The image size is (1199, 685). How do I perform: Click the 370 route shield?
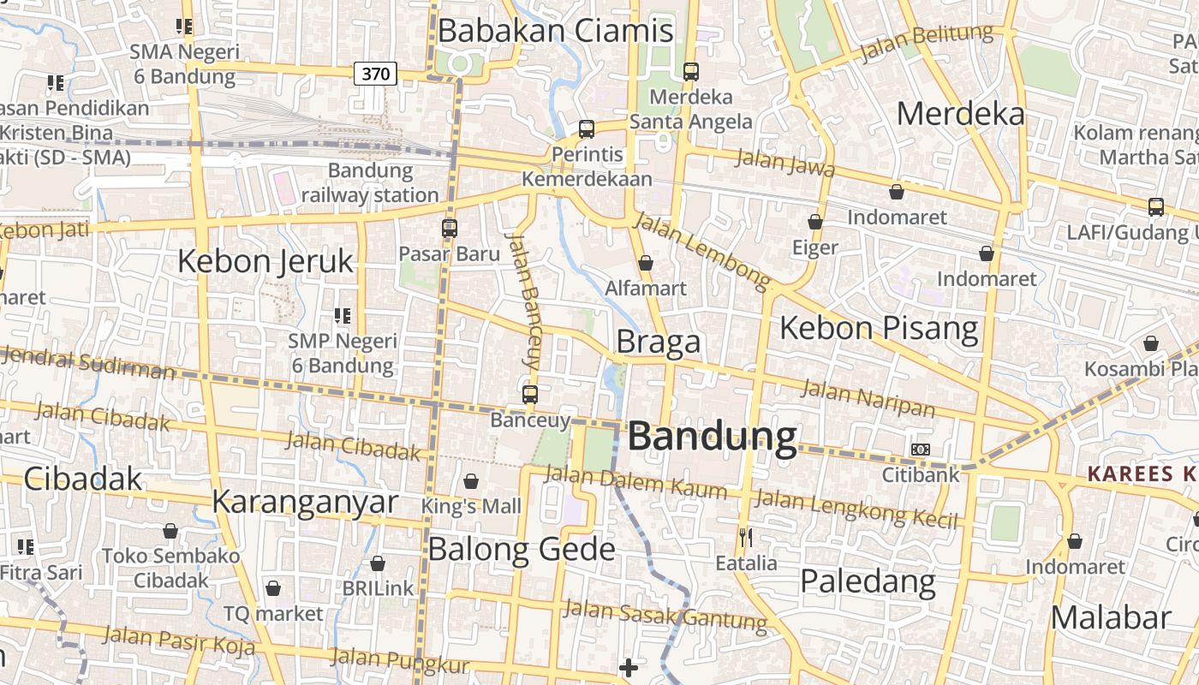tap(375, 74)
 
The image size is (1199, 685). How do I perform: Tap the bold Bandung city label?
tap(713, 437)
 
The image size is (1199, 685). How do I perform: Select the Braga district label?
tap(659, 342)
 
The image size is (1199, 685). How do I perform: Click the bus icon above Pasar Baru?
tap(450, 229)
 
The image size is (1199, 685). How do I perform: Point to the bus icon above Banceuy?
tap(530, 395)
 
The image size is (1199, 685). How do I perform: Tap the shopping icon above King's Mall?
tap(470, 482)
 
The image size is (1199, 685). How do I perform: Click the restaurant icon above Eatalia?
tap(746, 538)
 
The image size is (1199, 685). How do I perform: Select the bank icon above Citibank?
tap(921, 450)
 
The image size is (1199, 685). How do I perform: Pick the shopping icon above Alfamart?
tap(646, 263)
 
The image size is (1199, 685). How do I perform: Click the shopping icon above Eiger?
tap(815, 222)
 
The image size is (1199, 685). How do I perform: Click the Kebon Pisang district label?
tap(879, 328)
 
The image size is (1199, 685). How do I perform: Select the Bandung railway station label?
tap(370, 182)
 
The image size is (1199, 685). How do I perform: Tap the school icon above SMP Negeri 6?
tap(343, 316)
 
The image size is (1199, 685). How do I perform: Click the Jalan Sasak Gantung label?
tap(665, 616)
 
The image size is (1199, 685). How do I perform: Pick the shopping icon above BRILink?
tap(378, 563)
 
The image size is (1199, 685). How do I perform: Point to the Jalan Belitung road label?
tap(926, 43)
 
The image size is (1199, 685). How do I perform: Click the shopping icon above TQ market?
tap(273, 588)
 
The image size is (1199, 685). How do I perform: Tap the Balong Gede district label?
tap(522, 549)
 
